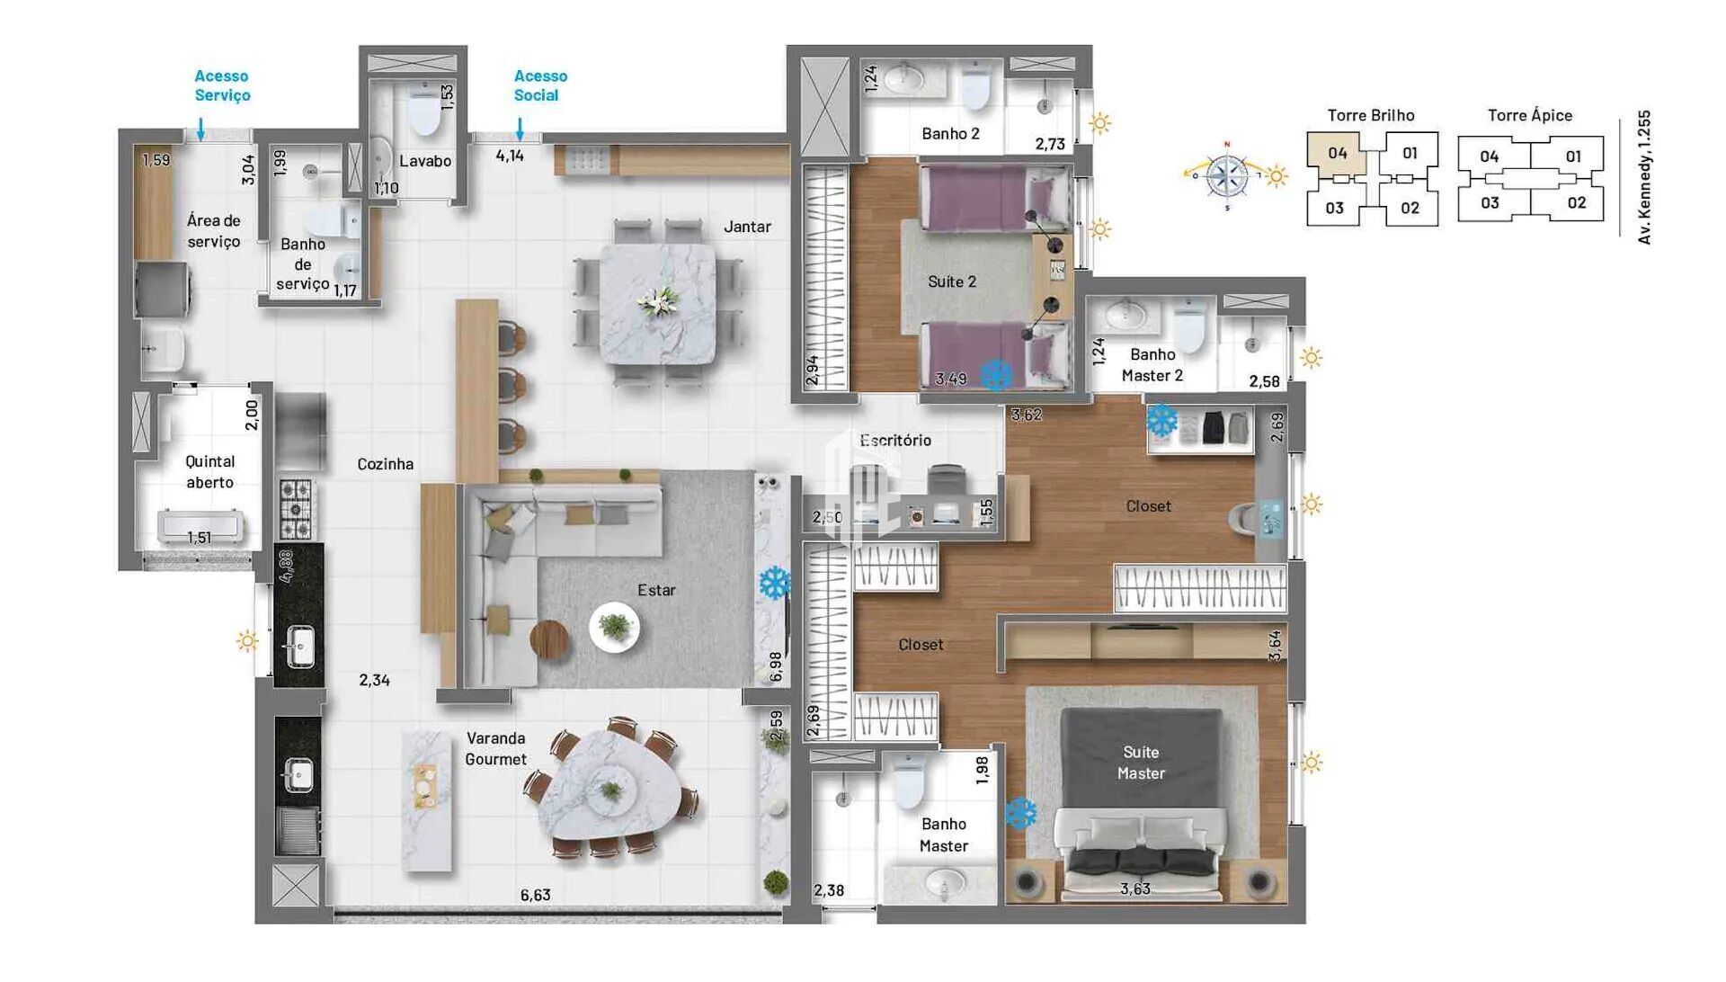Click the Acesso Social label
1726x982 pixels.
pyautogui.click(x=540, y=85)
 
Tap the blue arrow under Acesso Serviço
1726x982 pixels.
pyautogui.click(x=200, y=129)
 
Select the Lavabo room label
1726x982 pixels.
pyautogui.click(x=425, y=161)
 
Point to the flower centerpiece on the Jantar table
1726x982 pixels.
pyautogui.click(x=657, y=301)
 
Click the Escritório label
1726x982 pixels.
pyautogui.click(x=895, y=440)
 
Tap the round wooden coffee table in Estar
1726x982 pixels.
pyautogui.click(x=549, y=640)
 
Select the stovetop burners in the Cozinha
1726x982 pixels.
pyautogui.click(x=296, y=508)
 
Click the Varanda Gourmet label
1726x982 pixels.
pyautogui.click(x=495, y=748)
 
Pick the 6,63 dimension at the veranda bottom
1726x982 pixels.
pyautogui.click(x=535, y=895)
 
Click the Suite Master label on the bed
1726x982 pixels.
pyautogui.click(x=1141, y=763)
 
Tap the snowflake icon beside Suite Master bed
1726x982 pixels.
pyautogui.click(x=1020, y=814)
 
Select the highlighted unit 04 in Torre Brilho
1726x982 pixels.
pyautogui.click(x=1337, y=153)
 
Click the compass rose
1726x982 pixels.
pyautogui.click(x=1227, y=176)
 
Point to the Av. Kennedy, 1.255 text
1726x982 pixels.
pyautogui.click(x=1644, y=177)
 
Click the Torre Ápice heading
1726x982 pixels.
pyautogui.click(x=1529, y=115)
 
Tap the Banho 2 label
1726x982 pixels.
pyautogui.click(x=950, y=133)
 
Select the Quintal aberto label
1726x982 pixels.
pyautogui.click(x=209, y=471)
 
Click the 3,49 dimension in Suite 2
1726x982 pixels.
pyautogui.click(x=950, y=379)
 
